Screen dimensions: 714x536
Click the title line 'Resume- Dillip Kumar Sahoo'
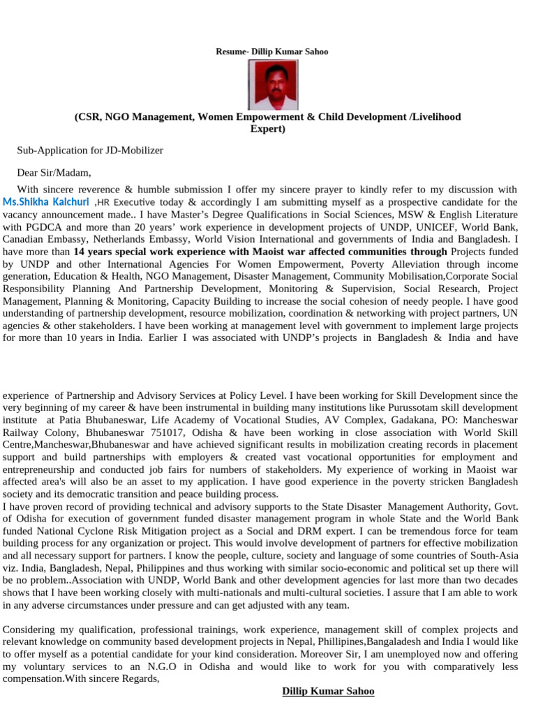(271, 52)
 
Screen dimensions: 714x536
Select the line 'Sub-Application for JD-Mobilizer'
(90, 150)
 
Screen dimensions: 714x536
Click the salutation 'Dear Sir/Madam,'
(54, 173)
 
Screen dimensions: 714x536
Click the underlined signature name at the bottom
(328, 691)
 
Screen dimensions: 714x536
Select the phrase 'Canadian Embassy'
(40, 239)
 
